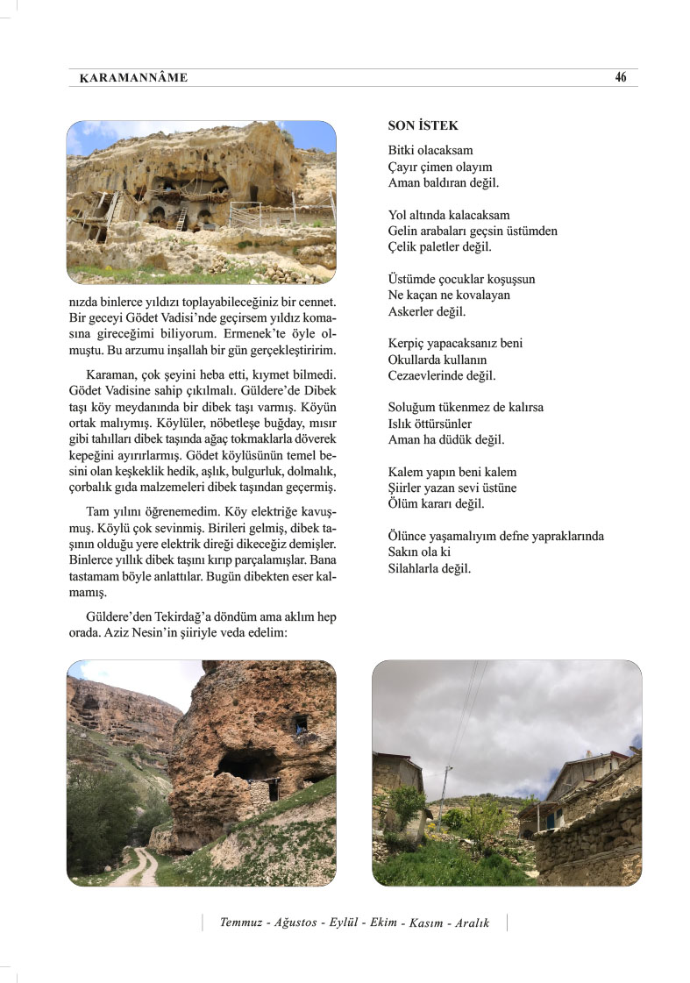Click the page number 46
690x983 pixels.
pyautogui.click(x=621, y=77)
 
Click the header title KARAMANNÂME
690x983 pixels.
pyautogui.click(x=133, y=78)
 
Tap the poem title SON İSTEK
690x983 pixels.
pyautogui.click(x=423, y=126)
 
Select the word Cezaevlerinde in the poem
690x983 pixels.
pyautogui.click(x=426, y=375)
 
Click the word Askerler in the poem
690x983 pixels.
pyautogui.click(x=411, y=311)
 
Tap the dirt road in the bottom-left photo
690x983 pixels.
pyautogui.click(x=144, y=868)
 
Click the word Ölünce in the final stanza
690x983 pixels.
pyautogui.click(x=407, y=536)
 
